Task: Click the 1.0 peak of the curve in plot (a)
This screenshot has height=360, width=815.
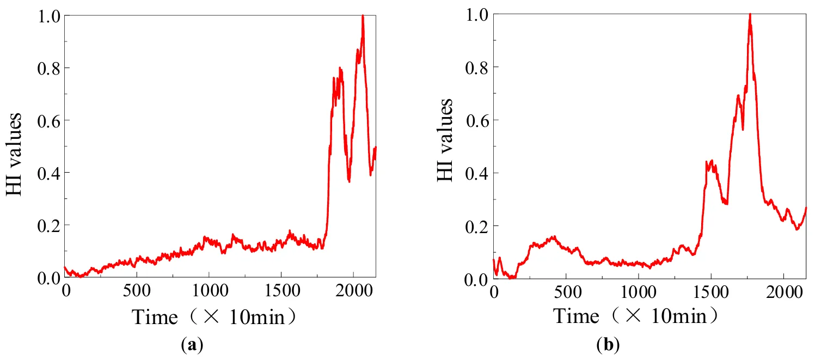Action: [363, 16]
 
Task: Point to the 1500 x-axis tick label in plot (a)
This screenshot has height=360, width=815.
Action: [281, 290]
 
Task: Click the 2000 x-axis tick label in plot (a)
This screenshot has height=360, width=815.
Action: [353, 290]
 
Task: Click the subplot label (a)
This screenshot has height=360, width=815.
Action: [194, 345]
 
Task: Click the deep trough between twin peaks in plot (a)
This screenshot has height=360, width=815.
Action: [349, 181]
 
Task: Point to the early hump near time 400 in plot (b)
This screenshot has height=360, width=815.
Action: [552, 237]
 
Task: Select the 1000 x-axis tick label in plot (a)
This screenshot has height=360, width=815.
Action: [209, 290]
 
